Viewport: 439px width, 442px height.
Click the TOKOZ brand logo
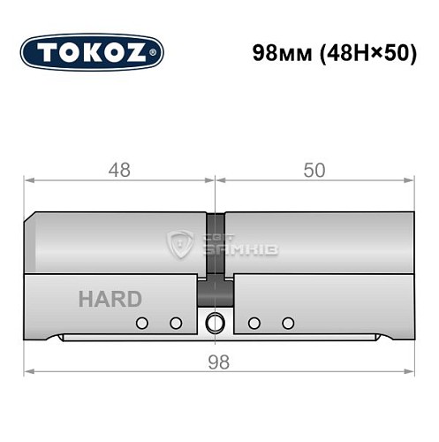91,53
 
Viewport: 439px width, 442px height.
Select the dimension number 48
119,171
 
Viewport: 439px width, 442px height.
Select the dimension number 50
314,171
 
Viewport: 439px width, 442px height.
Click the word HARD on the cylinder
110,299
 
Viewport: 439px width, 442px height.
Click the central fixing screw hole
213,323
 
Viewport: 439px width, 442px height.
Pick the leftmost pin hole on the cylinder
141,323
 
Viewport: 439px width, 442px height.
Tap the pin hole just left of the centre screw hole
175,323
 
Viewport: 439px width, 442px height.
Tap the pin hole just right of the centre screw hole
254,323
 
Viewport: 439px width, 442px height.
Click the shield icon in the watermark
181,244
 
